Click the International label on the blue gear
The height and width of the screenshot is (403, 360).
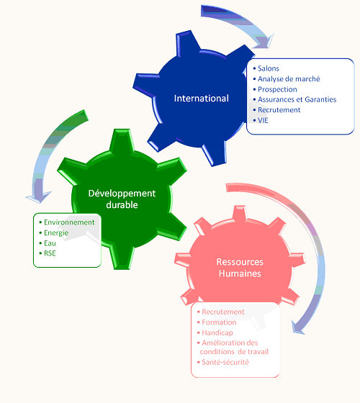tap(202, 98)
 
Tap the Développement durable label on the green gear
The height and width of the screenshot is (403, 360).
tap(122, 199)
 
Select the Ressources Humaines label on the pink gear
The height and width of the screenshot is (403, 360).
tap(240, 268)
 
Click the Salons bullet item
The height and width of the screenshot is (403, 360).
tap(269, 68)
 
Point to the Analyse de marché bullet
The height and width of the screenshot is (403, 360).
tap(289, 78)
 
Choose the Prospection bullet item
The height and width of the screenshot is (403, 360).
tap(277, 89)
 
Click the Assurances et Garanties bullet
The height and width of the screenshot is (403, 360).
tap(297, 99)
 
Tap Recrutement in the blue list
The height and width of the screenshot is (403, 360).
tap(279, 109)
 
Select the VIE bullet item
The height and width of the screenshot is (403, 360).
tap(263, 120)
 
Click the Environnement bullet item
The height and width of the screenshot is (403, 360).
tap(69, 222)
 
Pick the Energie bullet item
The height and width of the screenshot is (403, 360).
tap(56, 232)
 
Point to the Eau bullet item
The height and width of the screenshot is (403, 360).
tap(50, 243)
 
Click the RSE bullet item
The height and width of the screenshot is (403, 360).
tap(50, 253)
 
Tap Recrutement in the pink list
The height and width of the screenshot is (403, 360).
tap(223, 312)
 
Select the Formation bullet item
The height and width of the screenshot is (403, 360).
tap(219, 322)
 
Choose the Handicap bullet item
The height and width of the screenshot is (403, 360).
tap(217, 332)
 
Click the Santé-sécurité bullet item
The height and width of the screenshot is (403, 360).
tap(225, 362)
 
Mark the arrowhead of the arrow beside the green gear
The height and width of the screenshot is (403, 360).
tap(39, 197)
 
